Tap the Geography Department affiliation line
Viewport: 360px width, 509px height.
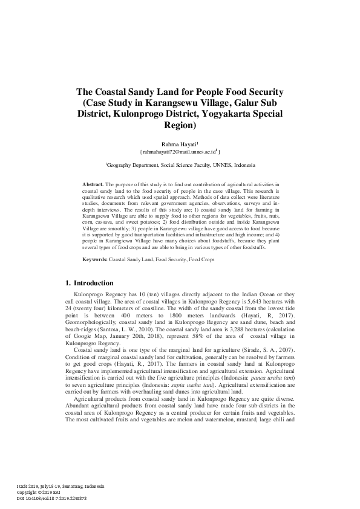click(180, 164)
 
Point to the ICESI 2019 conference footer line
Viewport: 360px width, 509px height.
click(53, 487)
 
